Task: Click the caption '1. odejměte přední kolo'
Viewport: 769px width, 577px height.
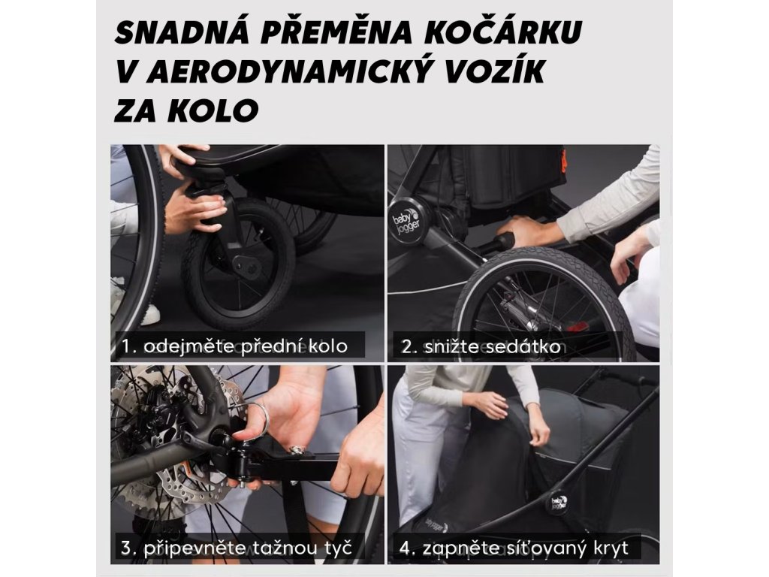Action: click(x=234, y=346)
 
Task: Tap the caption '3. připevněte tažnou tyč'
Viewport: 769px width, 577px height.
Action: click(x=237, y=548)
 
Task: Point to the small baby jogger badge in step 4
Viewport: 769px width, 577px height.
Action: click(x=559, y=501)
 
